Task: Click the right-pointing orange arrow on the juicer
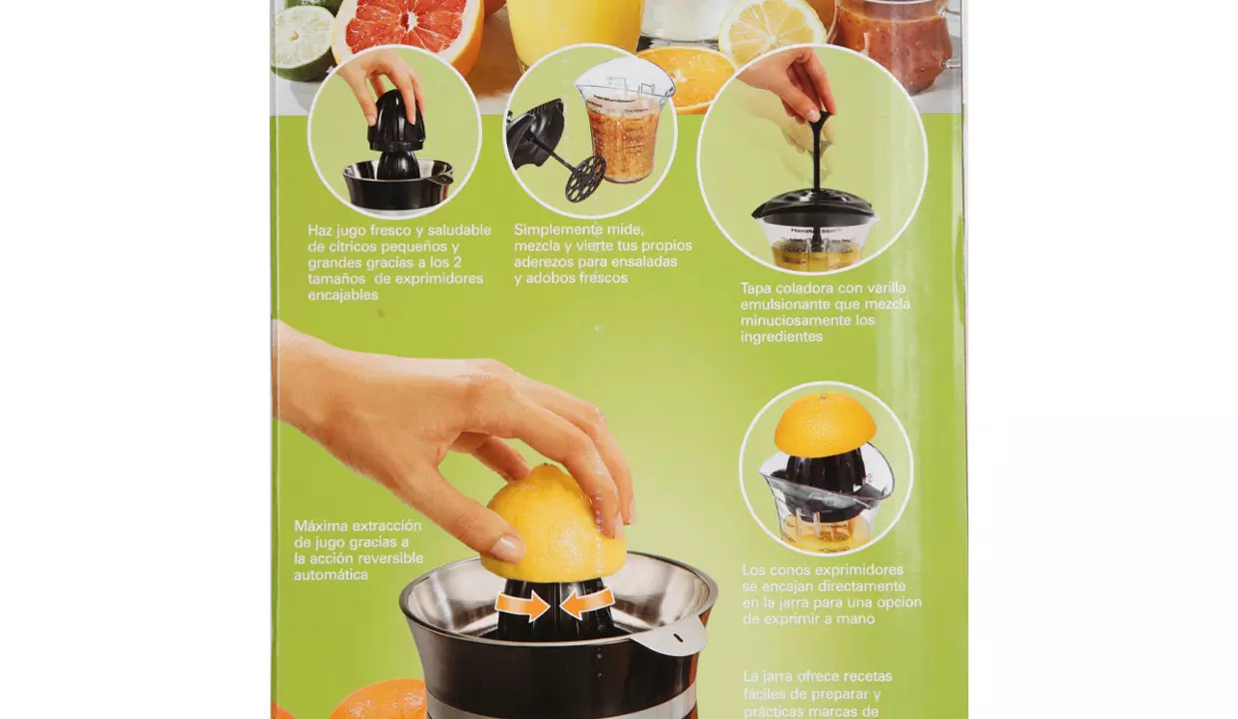522,606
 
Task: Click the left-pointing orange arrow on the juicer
587,603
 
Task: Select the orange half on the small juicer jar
825,423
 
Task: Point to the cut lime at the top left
303,43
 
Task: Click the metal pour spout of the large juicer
671,635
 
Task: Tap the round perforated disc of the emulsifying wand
585,178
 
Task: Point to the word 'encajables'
342,296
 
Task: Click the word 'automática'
330,575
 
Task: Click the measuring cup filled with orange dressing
624,128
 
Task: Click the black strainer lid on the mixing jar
814,204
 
